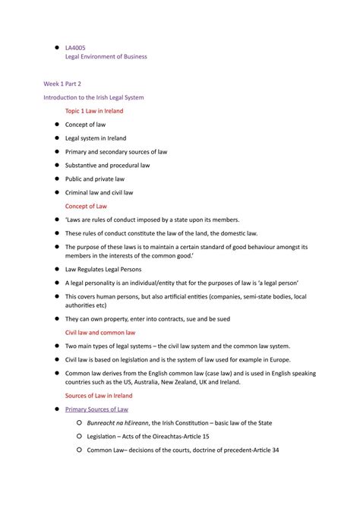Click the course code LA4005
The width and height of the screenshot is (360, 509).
click(x=75, y=46)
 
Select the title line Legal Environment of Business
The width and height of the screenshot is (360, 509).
click(x=106, y=57)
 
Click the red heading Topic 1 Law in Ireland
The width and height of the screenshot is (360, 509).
click(x=94, y=111)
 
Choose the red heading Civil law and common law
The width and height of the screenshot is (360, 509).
click(x=100, y=332)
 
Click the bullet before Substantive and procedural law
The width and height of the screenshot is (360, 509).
click(x=56, y=165)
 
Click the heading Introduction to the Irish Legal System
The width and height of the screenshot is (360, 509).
click(x=93, y=97)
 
